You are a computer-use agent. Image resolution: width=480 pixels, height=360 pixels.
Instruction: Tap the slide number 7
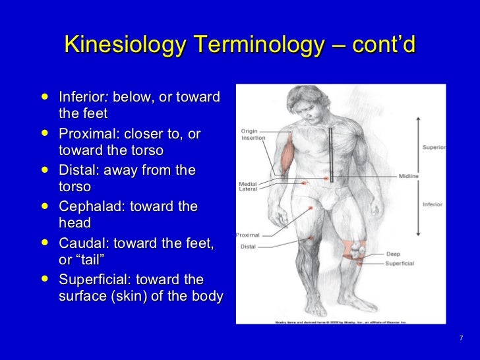461,339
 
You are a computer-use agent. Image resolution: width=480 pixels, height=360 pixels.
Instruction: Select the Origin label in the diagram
249,131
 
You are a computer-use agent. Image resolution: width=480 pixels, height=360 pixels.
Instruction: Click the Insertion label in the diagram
253,138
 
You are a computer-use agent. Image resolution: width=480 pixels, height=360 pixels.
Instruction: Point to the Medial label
247,183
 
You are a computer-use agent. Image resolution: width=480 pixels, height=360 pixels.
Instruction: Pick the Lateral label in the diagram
248,189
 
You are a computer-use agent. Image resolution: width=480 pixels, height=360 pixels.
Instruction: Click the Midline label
407,177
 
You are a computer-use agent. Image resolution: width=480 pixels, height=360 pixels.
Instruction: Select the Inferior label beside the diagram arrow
432,204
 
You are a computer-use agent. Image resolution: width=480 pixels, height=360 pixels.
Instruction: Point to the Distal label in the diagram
247,247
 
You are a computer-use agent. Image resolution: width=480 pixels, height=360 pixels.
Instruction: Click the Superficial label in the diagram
399,263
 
